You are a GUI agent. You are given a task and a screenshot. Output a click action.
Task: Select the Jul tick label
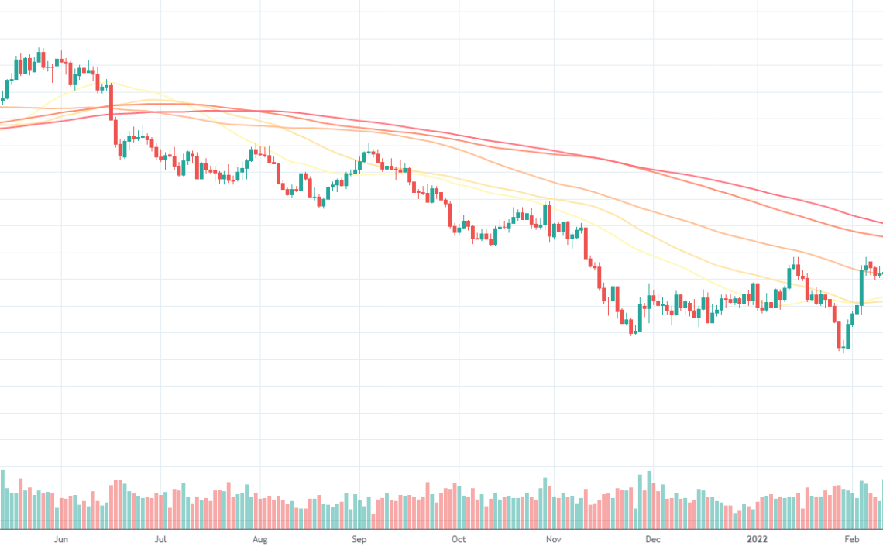pyautogui.click(x=160, y=539)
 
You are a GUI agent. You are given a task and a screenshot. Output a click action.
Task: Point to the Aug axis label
pyautogui.click(x=260, y=539)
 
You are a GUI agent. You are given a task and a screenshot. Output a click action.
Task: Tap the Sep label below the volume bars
pyautogui.click(x=359, y=539)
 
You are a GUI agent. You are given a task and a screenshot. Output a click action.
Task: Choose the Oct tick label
pyautogui.click(x=459, y=539)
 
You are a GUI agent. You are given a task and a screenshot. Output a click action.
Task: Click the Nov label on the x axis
pyautogui.click(x=552, y=539)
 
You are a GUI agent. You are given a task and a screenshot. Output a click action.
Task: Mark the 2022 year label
pyautogui.click(x=757, y=539)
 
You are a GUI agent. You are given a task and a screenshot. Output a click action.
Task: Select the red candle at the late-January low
pyautogui.click(x=840, y=335)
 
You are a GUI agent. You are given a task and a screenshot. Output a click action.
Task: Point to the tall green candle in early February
pyautogui.click(x=862, y=287)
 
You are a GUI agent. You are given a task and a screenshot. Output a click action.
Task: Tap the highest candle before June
pyautogui.click(x=40, y=57)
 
